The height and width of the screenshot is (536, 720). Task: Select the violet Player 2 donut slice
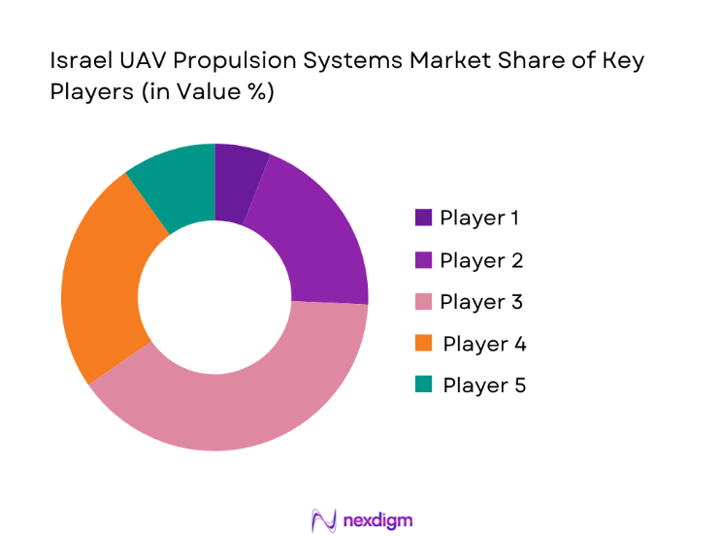coord(311,238)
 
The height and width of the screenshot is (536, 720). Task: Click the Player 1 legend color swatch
coord(423,218)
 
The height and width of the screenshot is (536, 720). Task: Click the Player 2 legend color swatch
coord(423,260)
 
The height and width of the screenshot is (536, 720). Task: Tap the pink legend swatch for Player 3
coord(423,302)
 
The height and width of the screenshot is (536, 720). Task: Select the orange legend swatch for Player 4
coord(423,344)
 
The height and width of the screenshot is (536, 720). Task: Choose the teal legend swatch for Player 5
coord(423,385)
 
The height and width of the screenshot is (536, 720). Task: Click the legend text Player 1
coord(479,218)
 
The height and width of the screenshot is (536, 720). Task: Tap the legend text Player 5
coord(484,385)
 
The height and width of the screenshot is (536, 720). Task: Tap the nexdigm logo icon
coord(323,519)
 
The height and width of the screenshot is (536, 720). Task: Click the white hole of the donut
coord(214,297)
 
